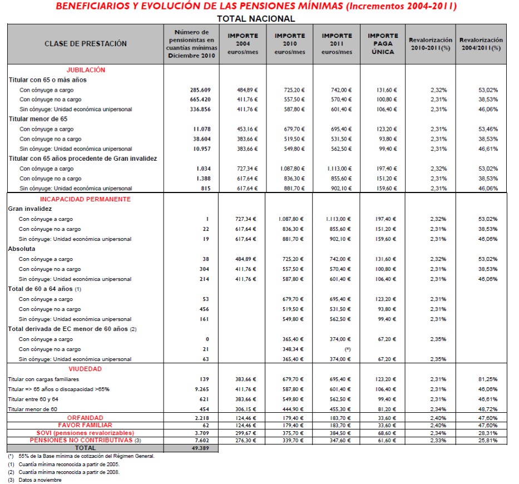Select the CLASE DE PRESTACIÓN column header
(86, 44)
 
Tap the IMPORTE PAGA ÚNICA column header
(383, 44)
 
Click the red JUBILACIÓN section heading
(86, 70)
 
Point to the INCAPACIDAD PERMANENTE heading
(86, 199)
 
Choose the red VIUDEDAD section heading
(86, 369)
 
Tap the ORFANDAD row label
(86, 418)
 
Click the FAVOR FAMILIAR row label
(86, 425)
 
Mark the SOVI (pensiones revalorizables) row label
(86, 433)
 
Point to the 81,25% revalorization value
(488, 379)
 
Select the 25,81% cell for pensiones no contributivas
(488, 440)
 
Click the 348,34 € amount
(289, 349)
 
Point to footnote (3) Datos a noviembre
(34, 480)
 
